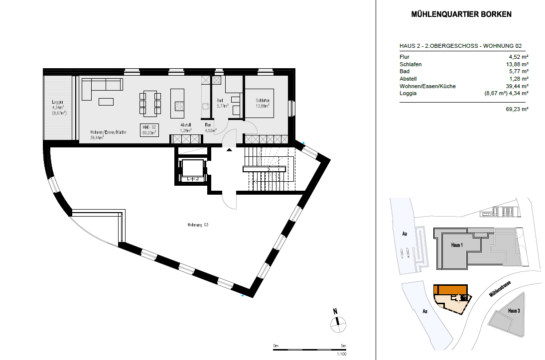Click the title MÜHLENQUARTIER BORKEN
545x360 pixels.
(x=461, y=14)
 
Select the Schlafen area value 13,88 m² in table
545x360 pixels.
(x=518, y=64)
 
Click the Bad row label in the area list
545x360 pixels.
(x=405, y=72)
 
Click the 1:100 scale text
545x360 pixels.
(x=342, y=354)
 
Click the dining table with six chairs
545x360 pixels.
(x=149, y=102)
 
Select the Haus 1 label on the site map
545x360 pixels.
(x=457, y=245)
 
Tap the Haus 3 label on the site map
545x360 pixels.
(x=514, y=311)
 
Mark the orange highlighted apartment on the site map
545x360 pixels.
(x=450, y=290)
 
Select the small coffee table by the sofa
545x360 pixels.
(x=106, y=102)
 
